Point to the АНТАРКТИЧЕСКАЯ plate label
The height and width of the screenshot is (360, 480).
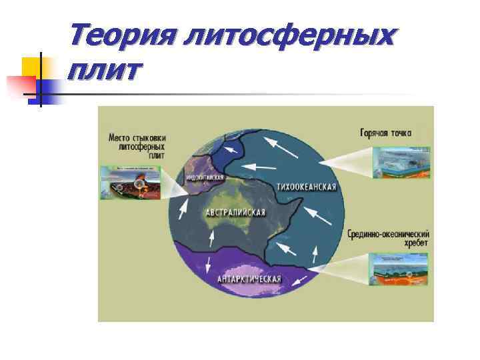click(249, 279)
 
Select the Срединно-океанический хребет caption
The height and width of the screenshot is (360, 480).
click(388, 239)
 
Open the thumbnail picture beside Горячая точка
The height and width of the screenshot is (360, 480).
click(401, 163)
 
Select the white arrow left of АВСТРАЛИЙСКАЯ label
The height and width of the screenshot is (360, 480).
click(183, 211)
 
